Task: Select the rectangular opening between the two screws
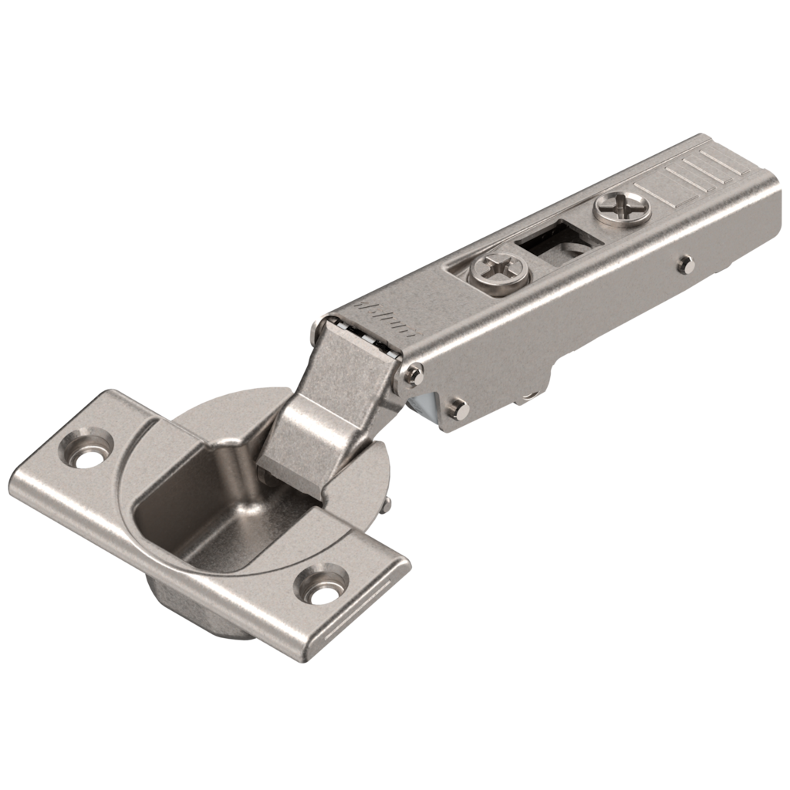(x=552, y=238)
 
